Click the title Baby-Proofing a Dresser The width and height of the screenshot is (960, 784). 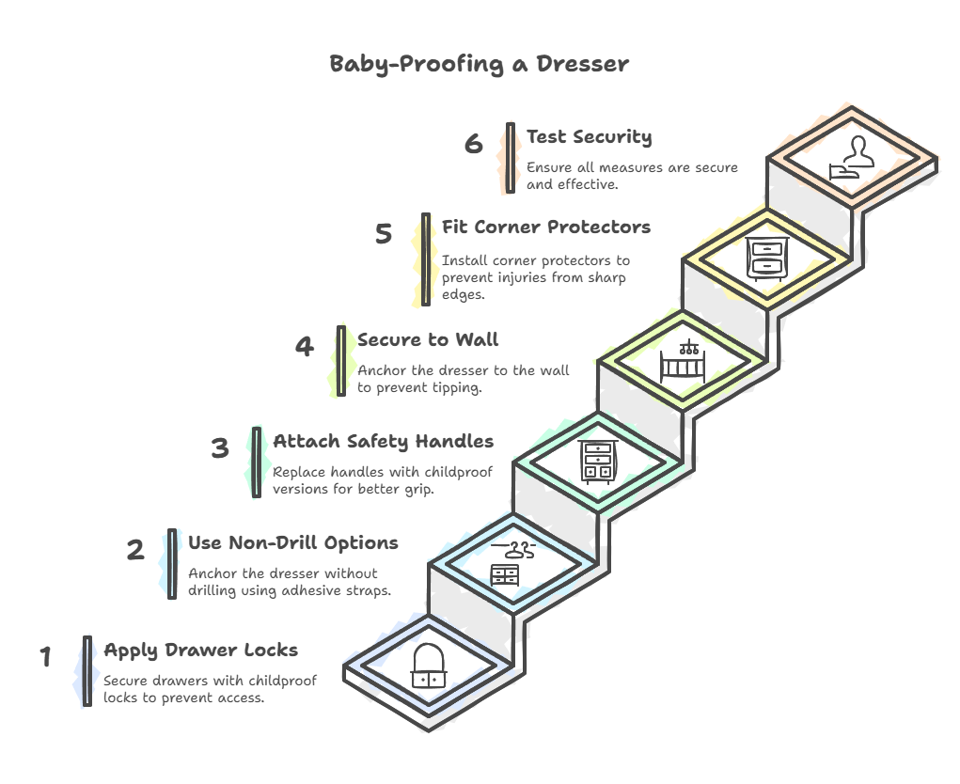pyautogui.click(x=479, y=64)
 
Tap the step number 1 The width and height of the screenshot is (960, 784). pyautogui.click(x=45, y=656)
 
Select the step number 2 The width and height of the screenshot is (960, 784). pyautogui.click(x=135, y=550)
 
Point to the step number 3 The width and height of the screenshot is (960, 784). pyautogui.click(x=220, y=448)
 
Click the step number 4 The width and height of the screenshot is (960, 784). pyautogui.click(x=305, y=346)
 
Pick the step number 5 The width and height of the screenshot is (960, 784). pyautogui.click(x=384, y=234)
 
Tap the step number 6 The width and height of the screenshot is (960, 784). pyautogui.click(x=473, y=144)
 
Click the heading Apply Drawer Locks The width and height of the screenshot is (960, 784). pyautogui.click(x=201, y=651)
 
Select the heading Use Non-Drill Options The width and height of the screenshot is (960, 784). pyautogui.click(x=293, y=543)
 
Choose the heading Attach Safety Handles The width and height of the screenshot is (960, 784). pyautogui.click(x=384, y=442)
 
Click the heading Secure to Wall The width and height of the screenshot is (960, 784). pyautogui.click(x=428, y=339)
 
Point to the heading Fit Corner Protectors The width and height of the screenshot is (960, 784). pyautogui.click(x=546, y=227)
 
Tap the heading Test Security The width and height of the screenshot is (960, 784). pyautogui.click(x=589, y=137)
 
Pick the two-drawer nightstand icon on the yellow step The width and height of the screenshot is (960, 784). pyautogui.click(x=767, y=259)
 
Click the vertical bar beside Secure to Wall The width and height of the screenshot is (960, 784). pyautogui.click(x=341, y=361)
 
